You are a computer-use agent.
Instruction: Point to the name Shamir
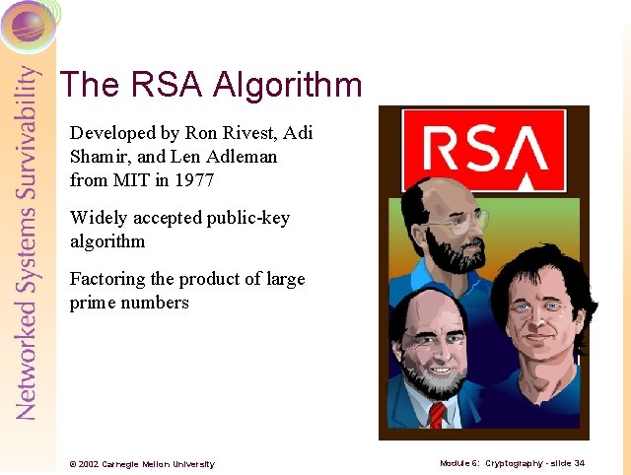[x=98, y=157]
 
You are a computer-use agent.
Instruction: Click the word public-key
[x=249, y=218]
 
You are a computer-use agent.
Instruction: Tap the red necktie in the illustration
[x=437, y=414]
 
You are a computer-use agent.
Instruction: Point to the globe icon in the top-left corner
[x=28, y=24]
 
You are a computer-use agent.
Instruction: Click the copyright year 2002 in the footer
[x=88, y=463]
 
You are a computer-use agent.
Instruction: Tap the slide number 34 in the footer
[x=579, y=462]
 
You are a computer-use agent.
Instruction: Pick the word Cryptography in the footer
[x=514, y=462]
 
